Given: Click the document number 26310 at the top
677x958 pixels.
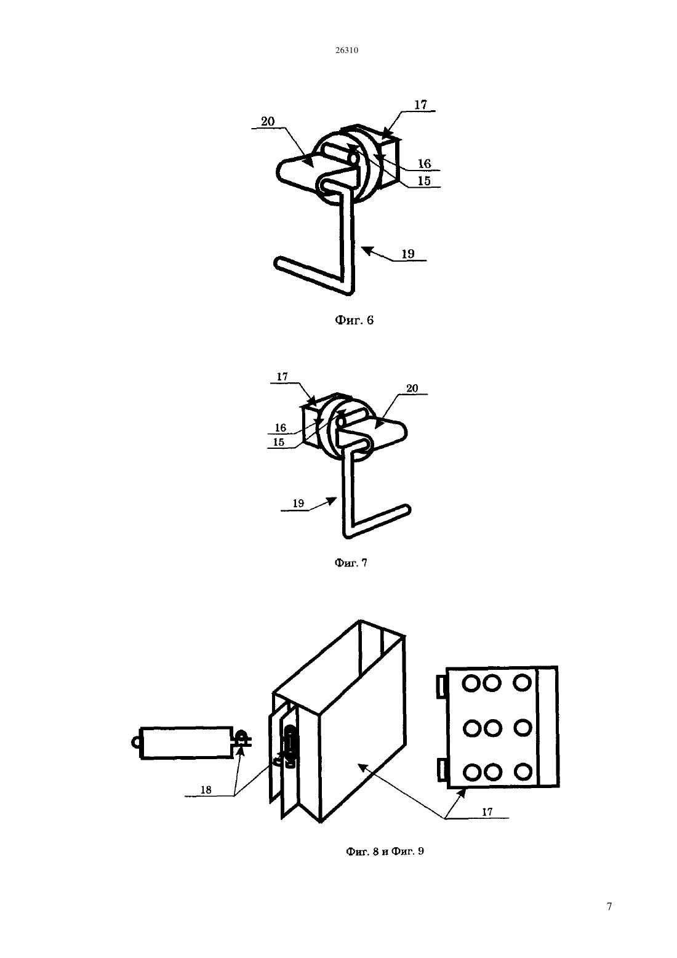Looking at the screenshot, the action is [x=347, y=50].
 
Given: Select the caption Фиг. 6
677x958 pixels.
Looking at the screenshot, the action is [x=354, y=320].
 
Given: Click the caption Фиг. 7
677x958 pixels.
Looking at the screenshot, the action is [x=350, y=563].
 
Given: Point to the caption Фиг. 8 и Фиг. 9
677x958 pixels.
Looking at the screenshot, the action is [x=385, y=851].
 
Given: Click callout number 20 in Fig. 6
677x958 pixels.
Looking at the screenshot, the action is [x=268, y=121].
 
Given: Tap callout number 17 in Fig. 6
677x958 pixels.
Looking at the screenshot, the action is [x=420, y=105].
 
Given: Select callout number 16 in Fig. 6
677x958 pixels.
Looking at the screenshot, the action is [x=425, y=163].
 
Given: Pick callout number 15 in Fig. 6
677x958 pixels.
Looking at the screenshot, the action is [x=424, y=181].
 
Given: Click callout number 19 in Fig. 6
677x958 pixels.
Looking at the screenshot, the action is [x=408, y=254].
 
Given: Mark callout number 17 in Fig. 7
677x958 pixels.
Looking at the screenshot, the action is [x=282, y=377].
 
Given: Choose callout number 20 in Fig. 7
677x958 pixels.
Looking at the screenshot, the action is [x=412, y=388].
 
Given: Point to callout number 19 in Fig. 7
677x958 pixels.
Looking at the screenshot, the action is [x=298, y=504].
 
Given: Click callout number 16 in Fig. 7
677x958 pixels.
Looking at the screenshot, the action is [x=281, y=428].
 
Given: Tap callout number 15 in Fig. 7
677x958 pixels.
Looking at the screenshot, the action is [x=279, y=442].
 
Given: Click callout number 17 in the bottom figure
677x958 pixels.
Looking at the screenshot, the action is [x=487, y=811].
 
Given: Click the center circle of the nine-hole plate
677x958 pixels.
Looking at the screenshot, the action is [x=493, y=728].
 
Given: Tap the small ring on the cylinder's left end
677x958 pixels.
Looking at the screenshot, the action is [x=136, y=743].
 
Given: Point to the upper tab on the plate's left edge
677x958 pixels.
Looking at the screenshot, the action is [x=441, y=686].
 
